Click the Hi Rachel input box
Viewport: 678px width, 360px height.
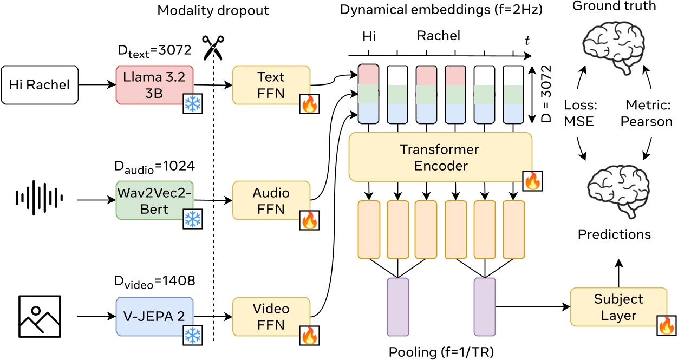[39, 85]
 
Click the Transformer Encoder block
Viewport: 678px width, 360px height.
[439, 157]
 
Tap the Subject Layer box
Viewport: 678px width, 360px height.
[617, 307]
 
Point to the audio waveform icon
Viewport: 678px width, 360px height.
[39, 200]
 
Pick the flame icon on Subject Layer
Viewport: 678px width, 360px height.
[666, 326]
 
